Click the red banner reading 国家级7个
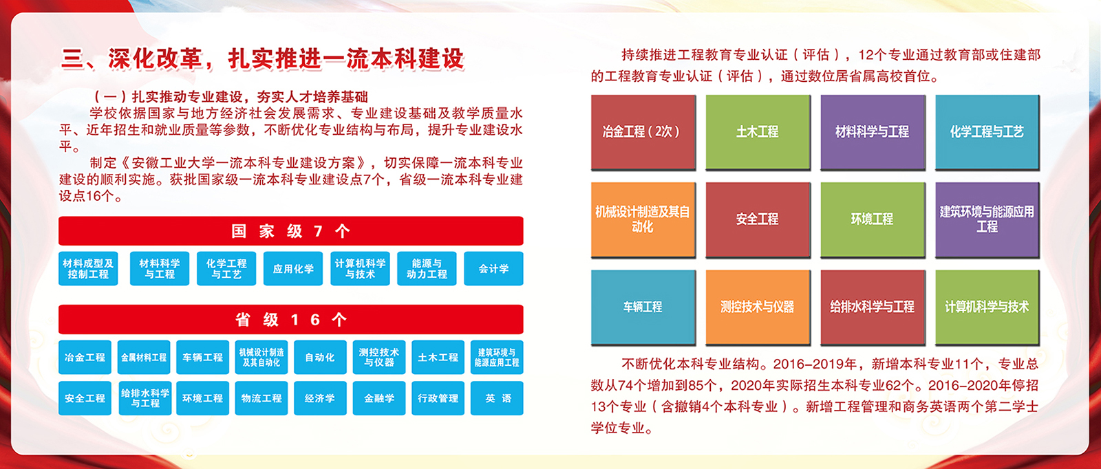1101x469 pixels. pos(291,231)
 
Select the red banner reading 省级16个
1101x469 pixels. pos(291,320)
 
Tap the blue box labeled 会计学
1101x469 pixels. pos(493,269)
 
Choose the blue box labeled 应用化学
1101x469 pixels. pos(293,269)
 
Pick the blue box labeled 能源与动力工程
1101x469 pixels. pos(427,269)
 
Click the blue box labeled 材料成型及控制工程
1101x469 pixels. pos(88,269)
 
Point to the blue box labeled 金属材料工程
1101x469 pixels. pos(144,357)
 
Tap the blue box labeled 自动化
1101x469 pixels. pos(320,357)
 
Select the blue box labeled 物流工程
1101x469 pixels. pos(261,398)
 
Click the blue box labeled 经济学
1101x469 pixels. pos(320,398)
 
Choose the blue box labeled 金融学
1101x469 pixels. pos(379,398)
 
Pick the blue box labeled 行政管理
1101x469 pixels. pos(438,398)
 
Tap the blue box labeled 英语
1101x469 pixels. pos(497,398)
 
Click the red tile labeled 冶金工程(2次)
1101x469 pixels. pos(643,132)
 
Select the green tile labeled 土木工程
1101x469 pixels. pos(758,132)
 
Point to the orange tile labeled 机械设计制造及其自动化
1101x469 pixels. pos(643,219)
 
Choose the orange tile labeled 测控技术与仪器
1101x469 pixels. pos(758,307)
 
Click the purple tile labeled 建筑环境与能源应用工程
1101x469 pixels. pos(987,219)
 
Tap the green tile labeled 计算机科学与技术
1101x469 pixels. pos(987,307)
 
